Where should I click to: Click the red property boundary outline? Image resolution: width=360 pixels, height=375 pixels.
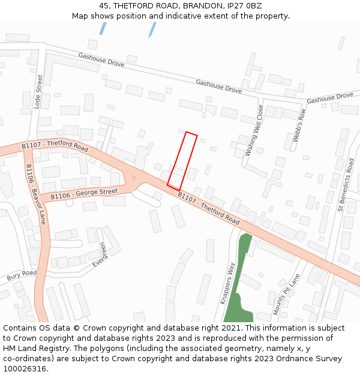point(182,161)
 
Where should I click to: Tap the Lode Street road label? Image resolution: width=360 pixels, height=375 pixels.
point(39,91)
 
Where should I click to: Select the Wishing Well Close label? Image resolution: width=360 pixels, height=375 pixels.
point(254,131)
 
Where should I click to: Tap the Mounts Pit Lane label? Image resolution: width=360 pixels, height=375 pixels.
point(286,295)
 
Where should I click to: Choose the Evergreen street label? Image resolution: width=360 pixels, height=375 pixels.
point(99,254)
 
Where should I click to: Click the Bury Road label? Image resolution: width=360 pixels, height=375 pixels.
point(22,276)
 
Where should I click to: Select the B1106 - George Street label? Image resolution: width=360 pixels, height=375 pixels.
point(84,194)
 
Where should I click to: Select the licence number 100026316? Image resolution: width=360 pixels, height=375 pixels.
point(26,368)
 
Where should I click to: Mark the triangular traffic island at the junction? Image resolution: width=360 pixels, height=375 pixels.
point(133,178)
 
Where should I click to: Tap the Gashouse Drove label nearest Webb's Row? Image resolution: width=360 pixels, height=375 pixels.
point(330,97)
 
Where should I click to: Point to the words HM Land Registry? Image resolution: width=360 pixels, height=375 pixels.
point(32,348)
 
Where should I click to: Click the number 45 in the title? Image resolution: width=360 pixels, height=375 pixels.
point(104,6)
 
